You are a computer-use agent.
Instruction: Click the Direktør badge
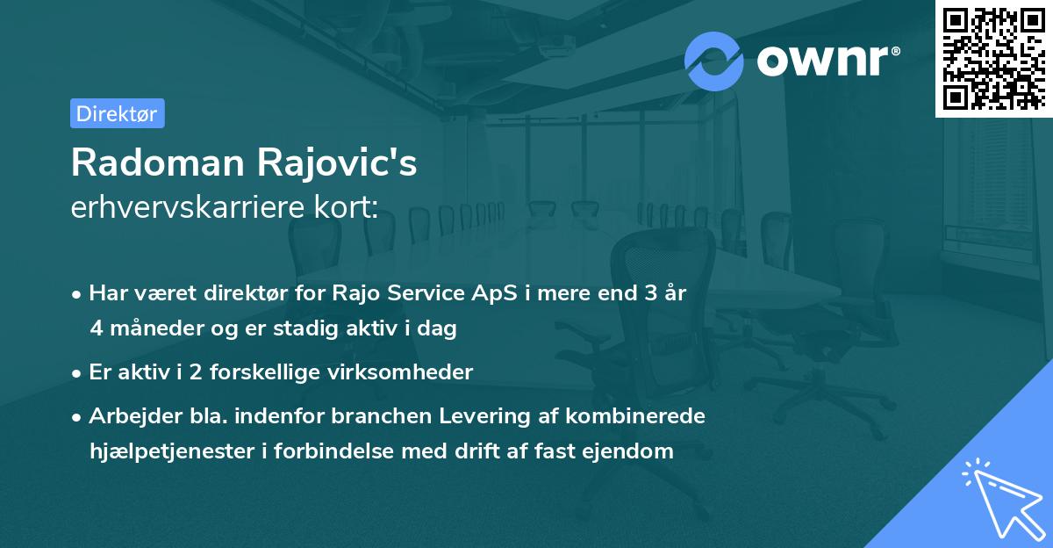[x=117, y=113]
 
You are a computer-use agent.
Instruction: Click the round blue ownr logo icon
[x=714, y=61]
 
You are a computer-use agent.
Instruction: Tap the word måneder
[x=145, y=328]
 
